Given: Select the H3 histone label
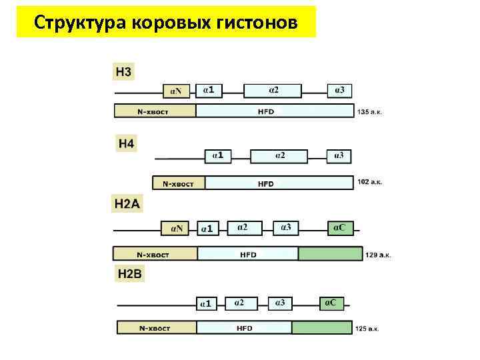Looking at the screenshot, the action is click(x=124, y=71).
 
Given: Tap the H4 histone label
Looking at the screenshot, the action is click(x=126, y=143).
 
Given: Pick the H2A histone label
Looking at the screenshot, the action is click(x=127, y=205).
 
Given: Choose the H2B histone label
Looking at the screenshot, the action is click(x=129, y=273).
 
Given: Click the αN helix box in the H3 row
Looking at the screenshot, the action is click(x=177, y=91).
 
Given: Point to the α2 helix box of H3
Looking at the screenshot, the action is click(x=273, y=91).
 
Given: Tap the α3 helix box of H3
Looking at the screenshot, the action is click(x=339, y=91).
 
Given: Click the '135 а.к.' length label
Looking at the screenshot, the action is click(x=371, y=111).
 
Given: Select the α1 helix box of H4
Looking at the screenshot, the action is click(x=218, y=156).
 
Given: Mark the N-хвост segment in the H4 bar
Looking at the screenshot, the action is click(x=179, y=183).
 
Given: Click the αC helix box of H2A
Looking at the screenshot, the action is click(x=339, y=228).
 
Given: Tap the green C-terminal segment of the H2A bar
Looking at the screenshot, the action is click(x=330, y=254).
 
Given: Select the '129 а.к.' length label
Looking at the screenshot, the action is click(x=378, y=255).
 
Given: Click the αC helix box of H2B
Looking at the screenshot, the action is click(x=331, y=303).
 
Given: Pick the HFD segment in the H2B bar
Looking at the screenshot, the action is click(x=244, y=328).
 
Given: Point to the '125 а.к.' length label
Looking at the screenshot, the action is click(x=368, y=329).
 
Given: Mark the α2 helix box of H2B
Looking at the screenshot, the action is click(x=240, y=303).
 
